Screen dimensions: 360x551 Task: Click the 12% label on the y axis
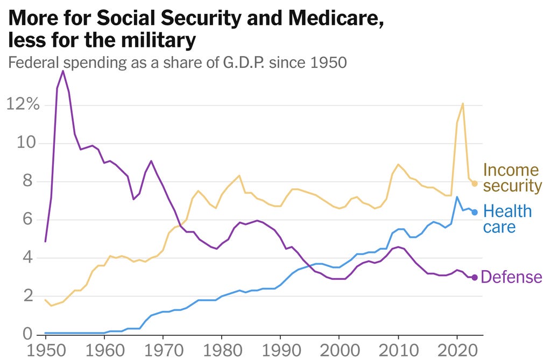23,104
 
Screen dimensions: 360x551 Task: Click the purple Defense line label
511,277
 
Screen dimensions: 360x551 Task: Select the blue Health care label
507,218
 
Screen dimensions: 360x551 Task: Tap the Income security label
511,178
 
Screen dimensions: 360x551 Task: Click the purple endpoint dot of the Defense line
474,277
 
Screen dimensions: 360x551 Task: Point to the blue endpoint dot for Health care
474,212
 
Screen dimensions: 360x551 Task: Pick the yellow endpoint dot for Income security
474,183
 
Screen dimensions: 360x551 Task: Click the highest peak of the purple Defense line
63,71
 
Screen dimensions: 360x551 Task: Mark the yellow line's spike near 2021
463,103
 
